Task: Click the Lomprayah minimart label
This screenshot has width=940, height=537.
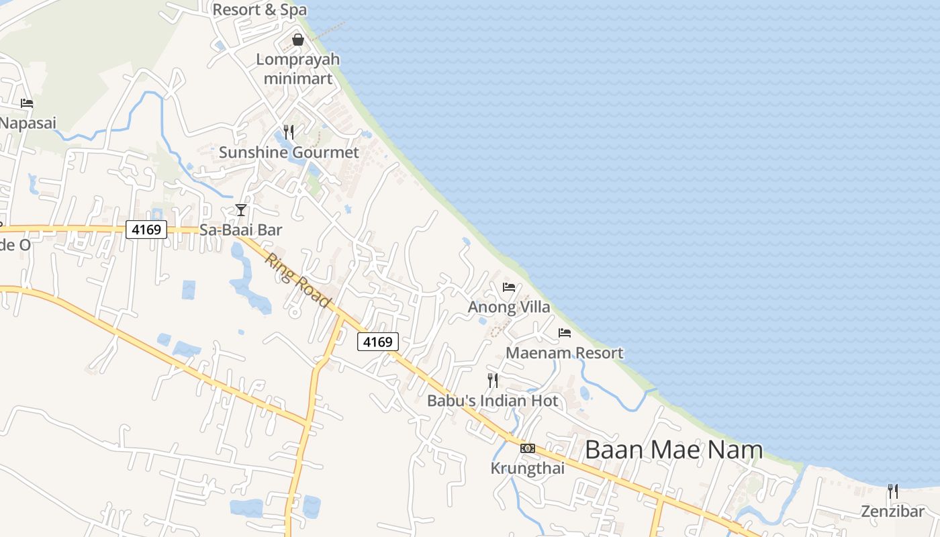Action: pos(298,68)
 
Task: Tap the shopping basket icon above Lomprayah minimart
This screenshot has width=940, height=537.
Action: pos(298,40)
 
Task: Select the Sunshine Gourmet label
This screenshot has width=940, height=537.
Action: pos(289,152)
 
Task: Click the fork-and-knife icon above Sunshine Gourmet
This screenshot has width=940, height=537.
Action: pos(289,132)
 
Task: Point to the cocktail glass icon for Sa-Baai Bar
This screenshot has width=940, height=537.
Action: pos(241,210)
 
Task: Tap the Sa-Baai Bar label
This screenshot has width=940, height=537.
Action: pos(241,230)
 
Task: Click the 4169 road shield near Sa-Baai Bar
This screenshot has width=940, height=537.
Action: pos(146,230)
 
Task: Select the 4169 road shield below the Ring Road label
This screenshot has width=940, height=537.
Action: pos(377,342)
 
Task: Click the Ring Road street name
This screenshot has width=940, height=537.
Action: pos(298,280)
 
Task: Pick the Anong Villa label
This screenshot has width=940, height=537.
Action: pos(509,307)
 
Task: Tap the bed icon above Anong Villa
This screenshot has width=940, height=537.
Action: pos(509,287)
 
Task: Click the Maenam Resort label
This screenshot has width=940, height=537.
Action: pos(565,352)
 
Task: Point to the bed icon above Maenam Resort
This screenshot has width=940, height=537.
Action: pos(565,332)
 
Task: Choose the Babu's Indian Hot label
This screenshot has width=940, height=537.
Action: pos(493,401)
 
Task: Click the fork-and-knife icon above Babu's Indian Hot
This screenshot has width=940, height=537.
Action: pos(493,381)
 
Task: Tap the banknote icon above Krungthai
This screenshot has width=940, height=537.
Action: pos(528,448)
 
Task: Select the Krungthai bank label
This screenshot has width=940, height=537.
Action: pos(528,468)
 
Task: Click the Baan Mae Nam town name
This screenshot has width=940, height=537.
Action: pos(673,449)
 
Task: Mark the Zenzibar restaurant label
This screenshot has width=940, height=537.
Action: pos(893,511)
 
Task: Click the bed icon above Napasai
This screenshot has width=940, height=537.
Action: pos(27,103)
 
